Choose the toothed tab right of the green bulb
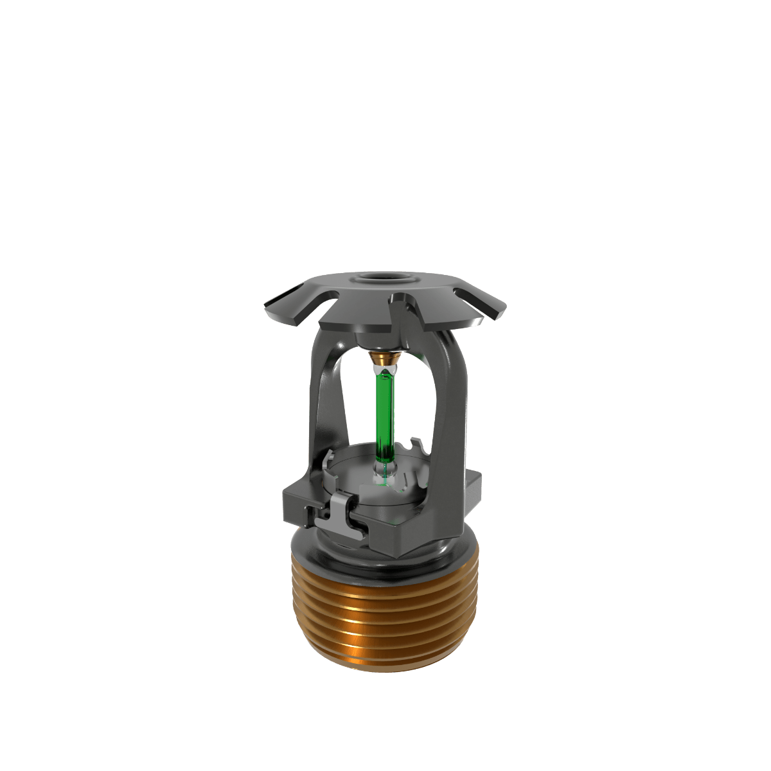coord(416,447)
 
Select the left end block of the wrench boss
coord(297,501)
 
